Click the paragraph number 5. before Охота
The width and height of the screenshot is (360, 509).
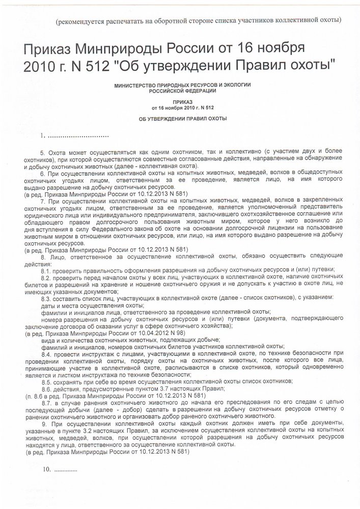click(43, 153)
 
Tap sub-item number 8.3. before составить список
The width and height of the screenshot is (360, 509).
click(47, 297)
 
